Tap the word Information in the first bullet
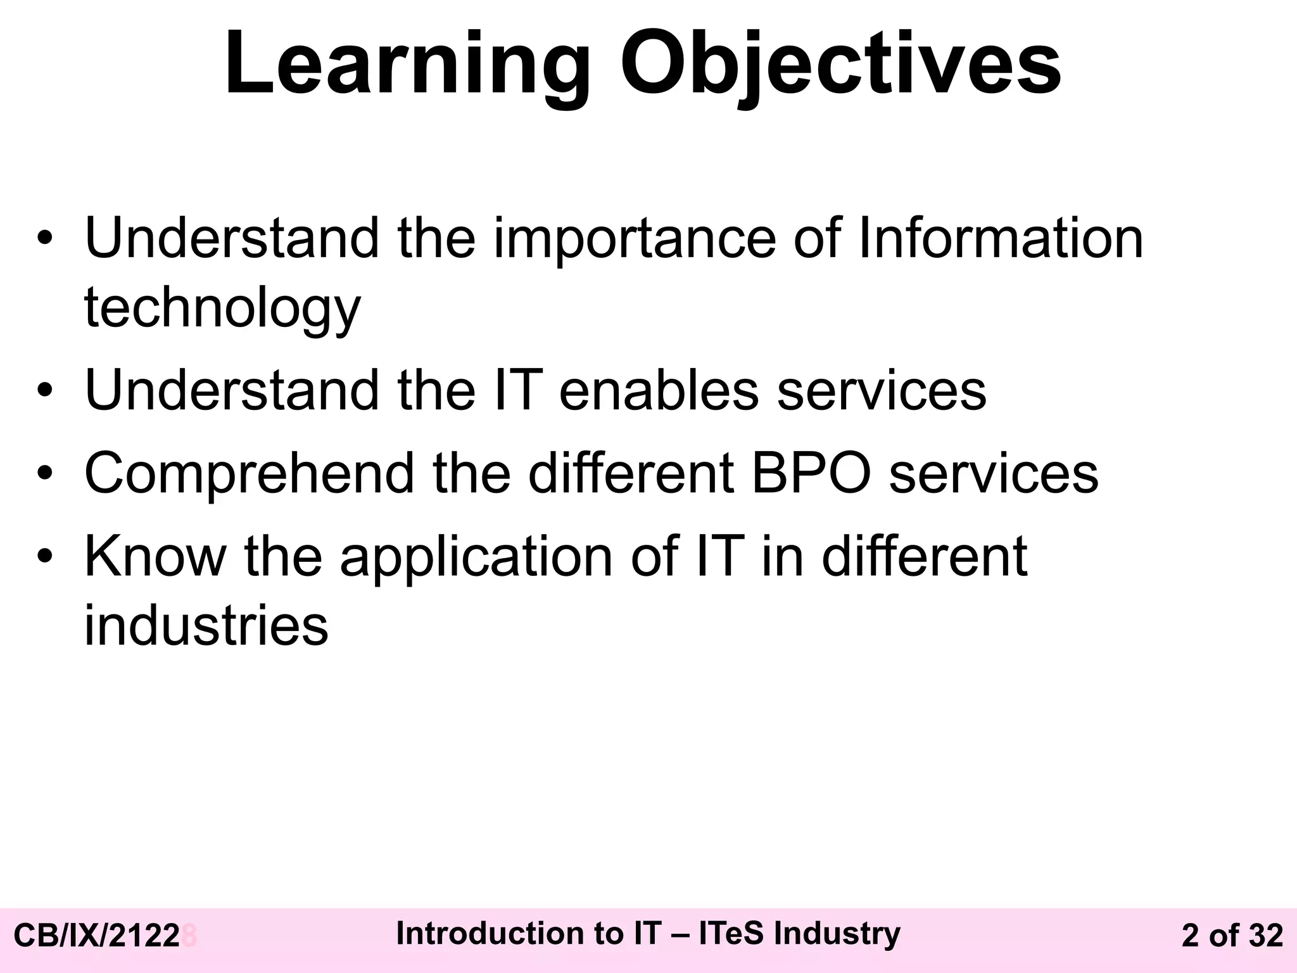pyautogui.click(x=1000, y=239)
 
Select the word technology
pyautogui.click(x=222, y=308)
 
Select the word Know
pyautogui.click(x=155, y=557)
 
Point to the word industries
pyautogui.click(x=206, y=626)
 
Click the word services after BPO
pyautogui.click(x=994, y=474)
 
